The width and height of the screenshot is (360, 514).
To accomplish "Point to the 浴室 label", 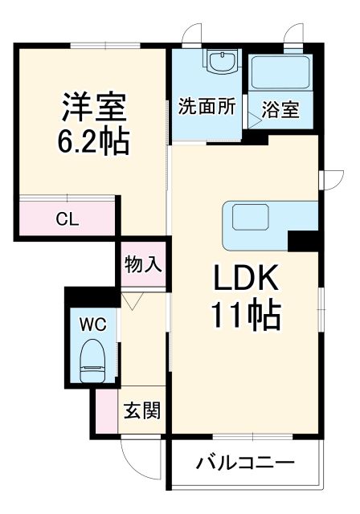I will [280, 109].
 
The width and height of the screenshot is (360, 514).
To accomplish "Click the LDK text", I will [245, 280].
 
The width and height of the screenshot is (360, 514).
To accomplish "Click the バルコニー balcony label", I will [245, 464].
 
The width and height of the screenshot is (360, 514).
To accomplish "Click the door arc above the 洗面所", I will [191, 37].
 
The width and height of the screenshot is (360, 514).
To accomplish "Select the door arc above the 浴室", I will [293, 37].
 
